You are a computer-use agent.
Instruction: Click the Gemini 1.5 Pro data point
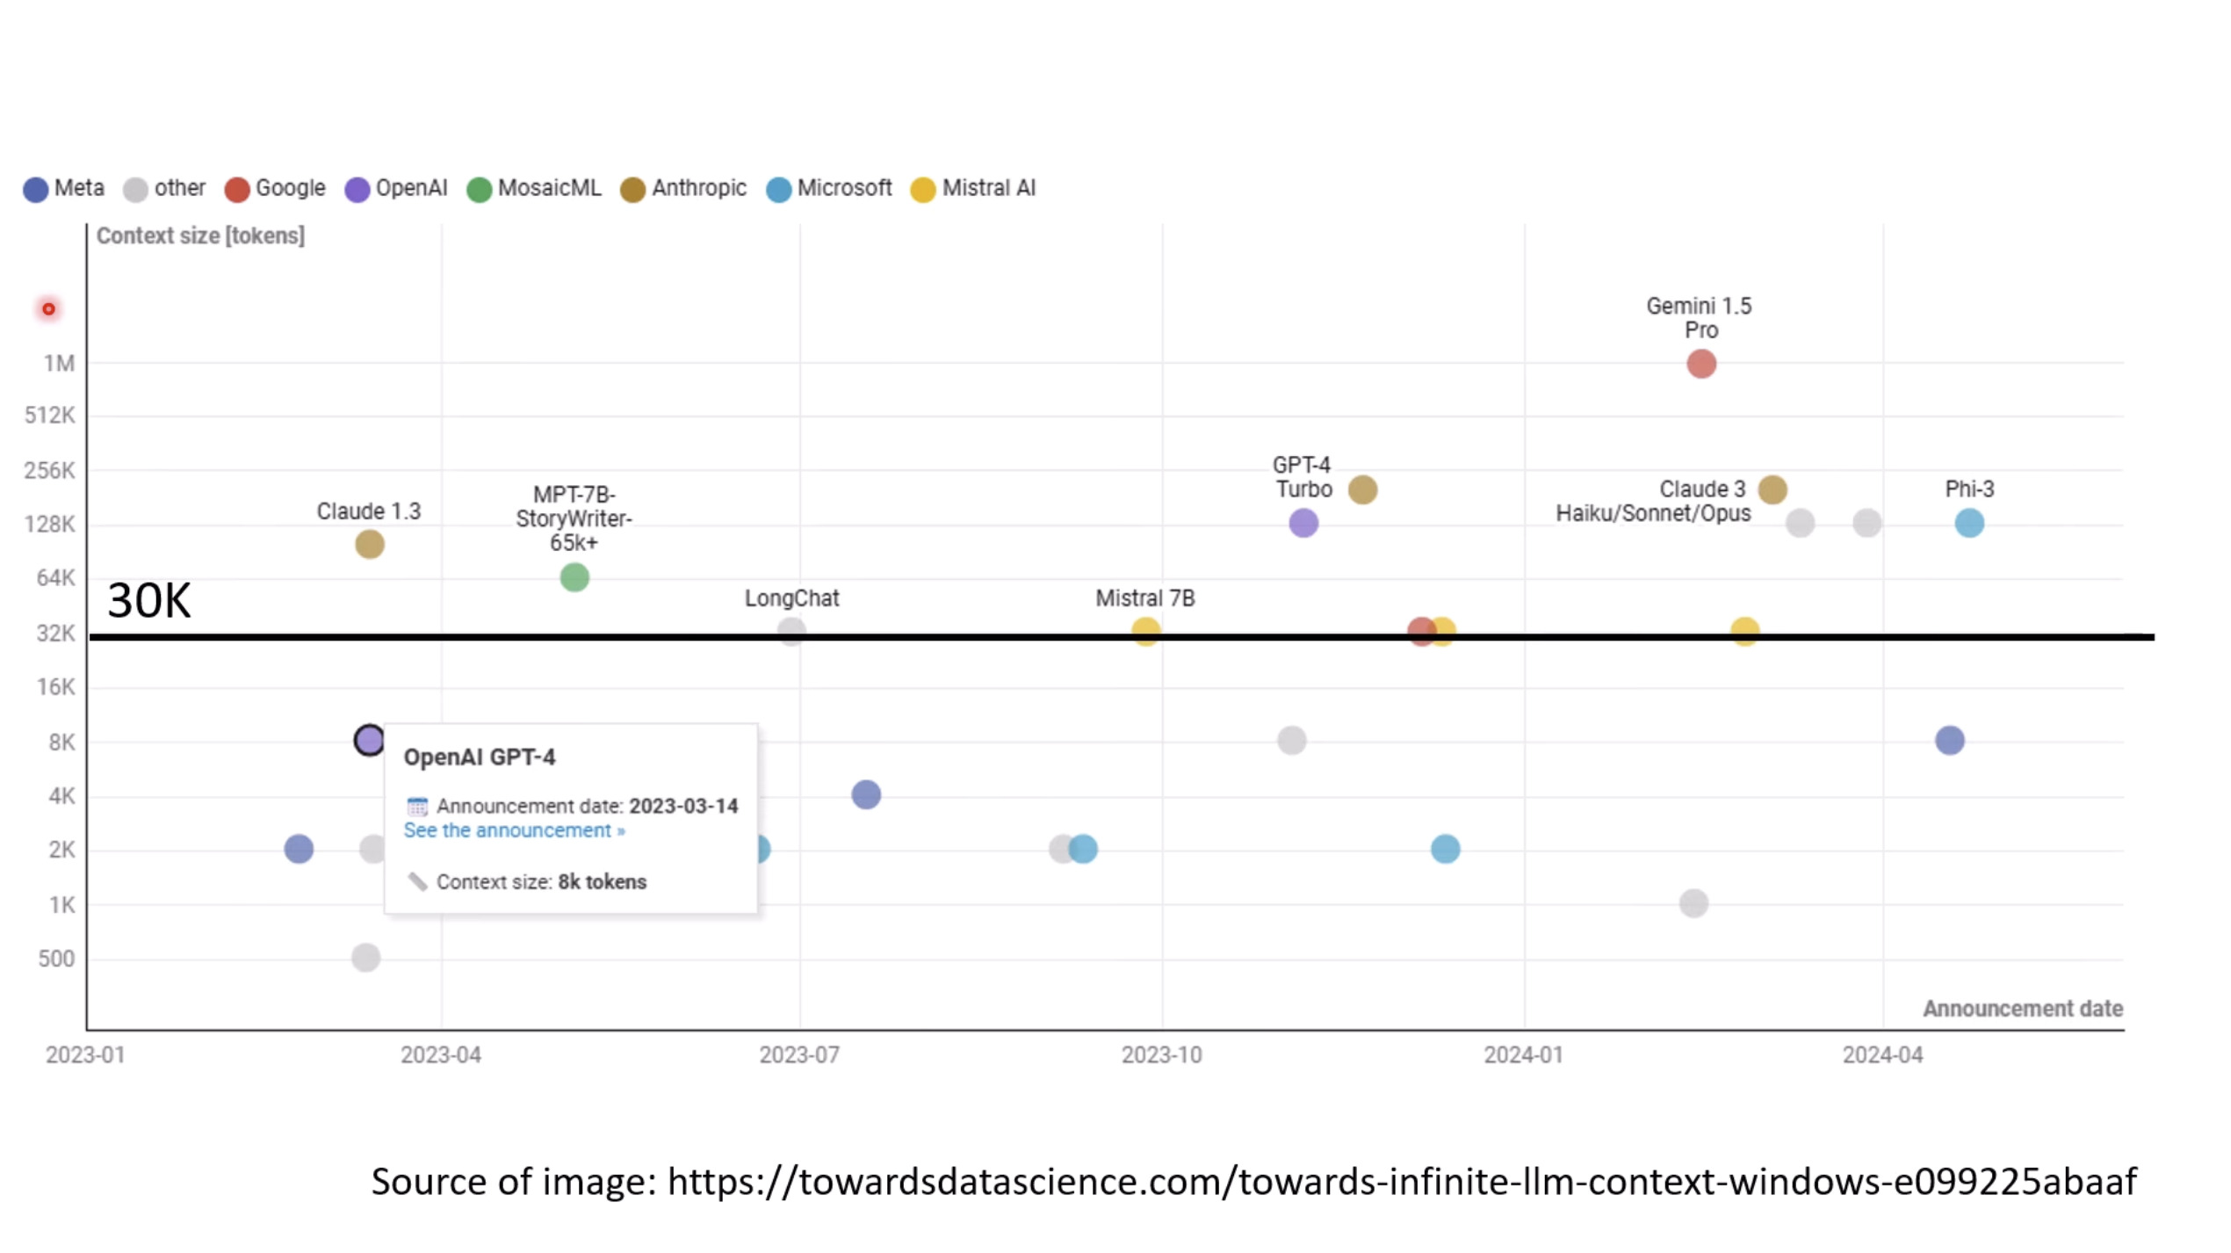point(1701,364)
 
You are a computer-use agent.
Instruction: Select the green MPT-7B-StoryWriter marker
point(574,577)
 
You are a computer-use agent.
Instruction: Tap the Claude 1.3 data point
point(370,544)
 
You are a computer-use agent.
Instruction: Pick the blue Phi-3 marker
point(1969,523)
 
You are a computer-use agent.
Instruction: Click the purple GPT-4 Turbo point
point(1303,523)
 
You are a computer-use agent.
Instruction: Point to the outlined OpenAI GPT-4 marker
point(370,740)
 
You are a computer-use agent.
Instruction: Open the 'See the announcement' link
point(514,830)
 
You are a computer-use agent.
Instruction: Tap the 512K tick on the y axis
point(50,415)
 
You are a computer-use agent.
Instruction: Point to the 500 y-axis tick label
point(56,958)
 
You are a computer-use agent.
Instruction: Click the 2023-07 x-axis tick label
point(799,1054)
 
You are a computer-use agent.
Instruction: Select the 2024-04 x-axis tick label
point(1882,1054)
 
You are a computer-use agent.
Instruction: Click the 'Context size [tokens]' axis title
point(200,235)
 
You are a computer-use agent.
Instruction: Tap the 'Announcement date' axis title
point(2023,1009)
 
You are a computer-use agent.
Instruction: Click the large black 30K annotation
point(148,601)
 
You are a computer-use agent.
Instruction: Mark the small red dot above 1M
point(49,309)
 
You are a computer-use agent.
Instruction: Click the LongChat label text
point(791,598)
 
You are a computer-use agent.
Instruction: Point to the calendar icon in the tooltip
point(417,807)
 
